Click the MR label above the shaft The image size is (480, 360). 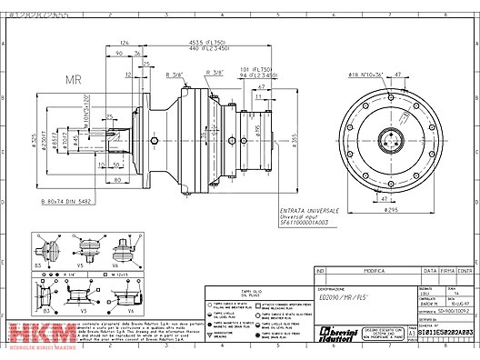74,79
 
